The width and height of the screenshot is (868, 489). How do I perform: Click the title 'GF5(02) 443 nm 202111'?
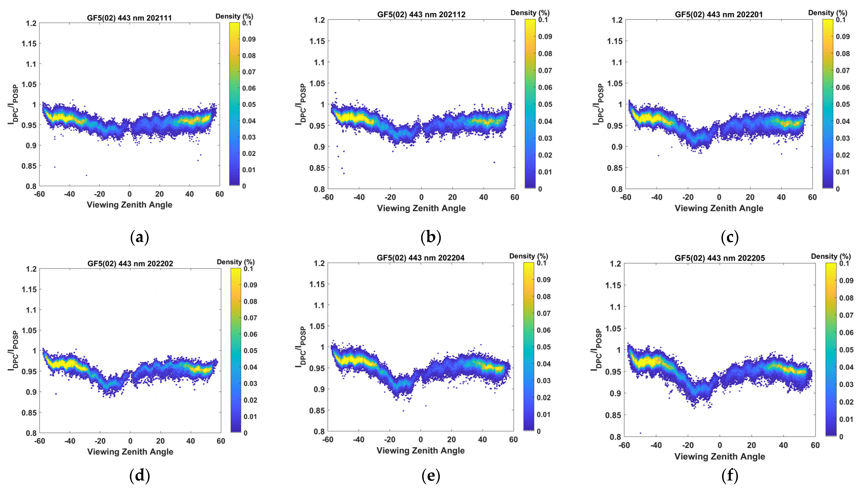(129, 18)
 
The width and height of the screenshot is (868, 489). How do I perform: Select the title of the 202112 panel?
(421, 14)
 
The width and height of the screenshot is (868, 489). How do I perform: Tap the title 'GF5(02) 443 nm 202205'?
(719, 258)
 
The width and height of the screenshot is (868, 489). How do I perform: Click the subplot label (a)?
(139, 238)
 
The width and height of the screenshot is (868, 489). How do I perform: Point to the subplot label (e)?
(431, 476)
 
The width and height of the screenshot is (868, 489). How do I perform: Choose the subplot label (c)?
(730, 238)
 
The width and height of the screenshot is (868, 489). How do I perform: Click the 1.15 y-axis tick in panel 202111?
(29, 43)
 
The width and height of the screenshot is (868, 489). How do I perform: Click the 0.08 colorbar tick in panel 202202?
(250, 301)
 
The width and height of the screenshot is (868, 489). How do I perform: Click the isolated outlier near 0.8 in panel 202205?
(640, 433)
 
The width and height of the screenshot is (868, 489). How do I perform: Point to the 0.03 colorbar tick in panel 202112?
(545, 138)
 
